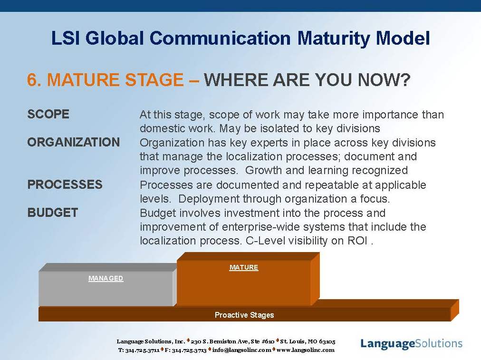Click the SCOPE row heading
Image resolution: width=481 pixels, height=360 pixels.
tap(48, 114)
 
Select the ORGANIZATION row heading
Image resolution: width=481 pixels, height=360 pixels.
tap(73, 142)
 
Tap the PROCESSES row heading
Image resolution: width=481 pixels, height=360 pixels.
tap(65, 185)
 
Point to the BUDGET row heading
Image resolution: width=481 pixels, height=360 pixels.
tap(52, 213)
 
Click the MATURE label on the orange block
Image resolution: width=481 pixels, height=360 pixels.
tap(244, 267)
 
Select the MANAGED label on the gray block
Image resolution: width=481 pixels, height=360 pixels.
tap(106, 278)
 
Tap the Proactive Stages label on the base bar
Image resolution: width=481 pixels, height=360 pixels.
tap(244, 315)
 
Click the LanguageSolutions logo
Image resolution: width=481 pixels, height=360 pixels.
tap(411, 344)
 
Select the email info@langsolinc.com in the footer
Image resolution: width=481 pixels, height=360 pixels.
tap(241, 350)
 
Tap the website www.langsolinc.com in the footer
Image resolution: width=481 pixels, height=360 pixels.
tap(305, 350)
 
